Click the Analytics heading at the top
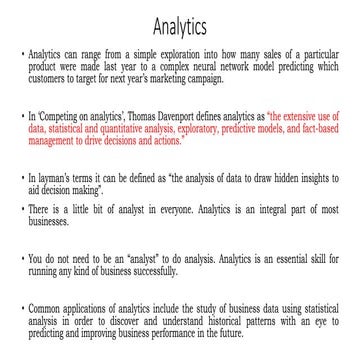click(180, 22)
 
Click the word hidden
click(265, 177)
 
